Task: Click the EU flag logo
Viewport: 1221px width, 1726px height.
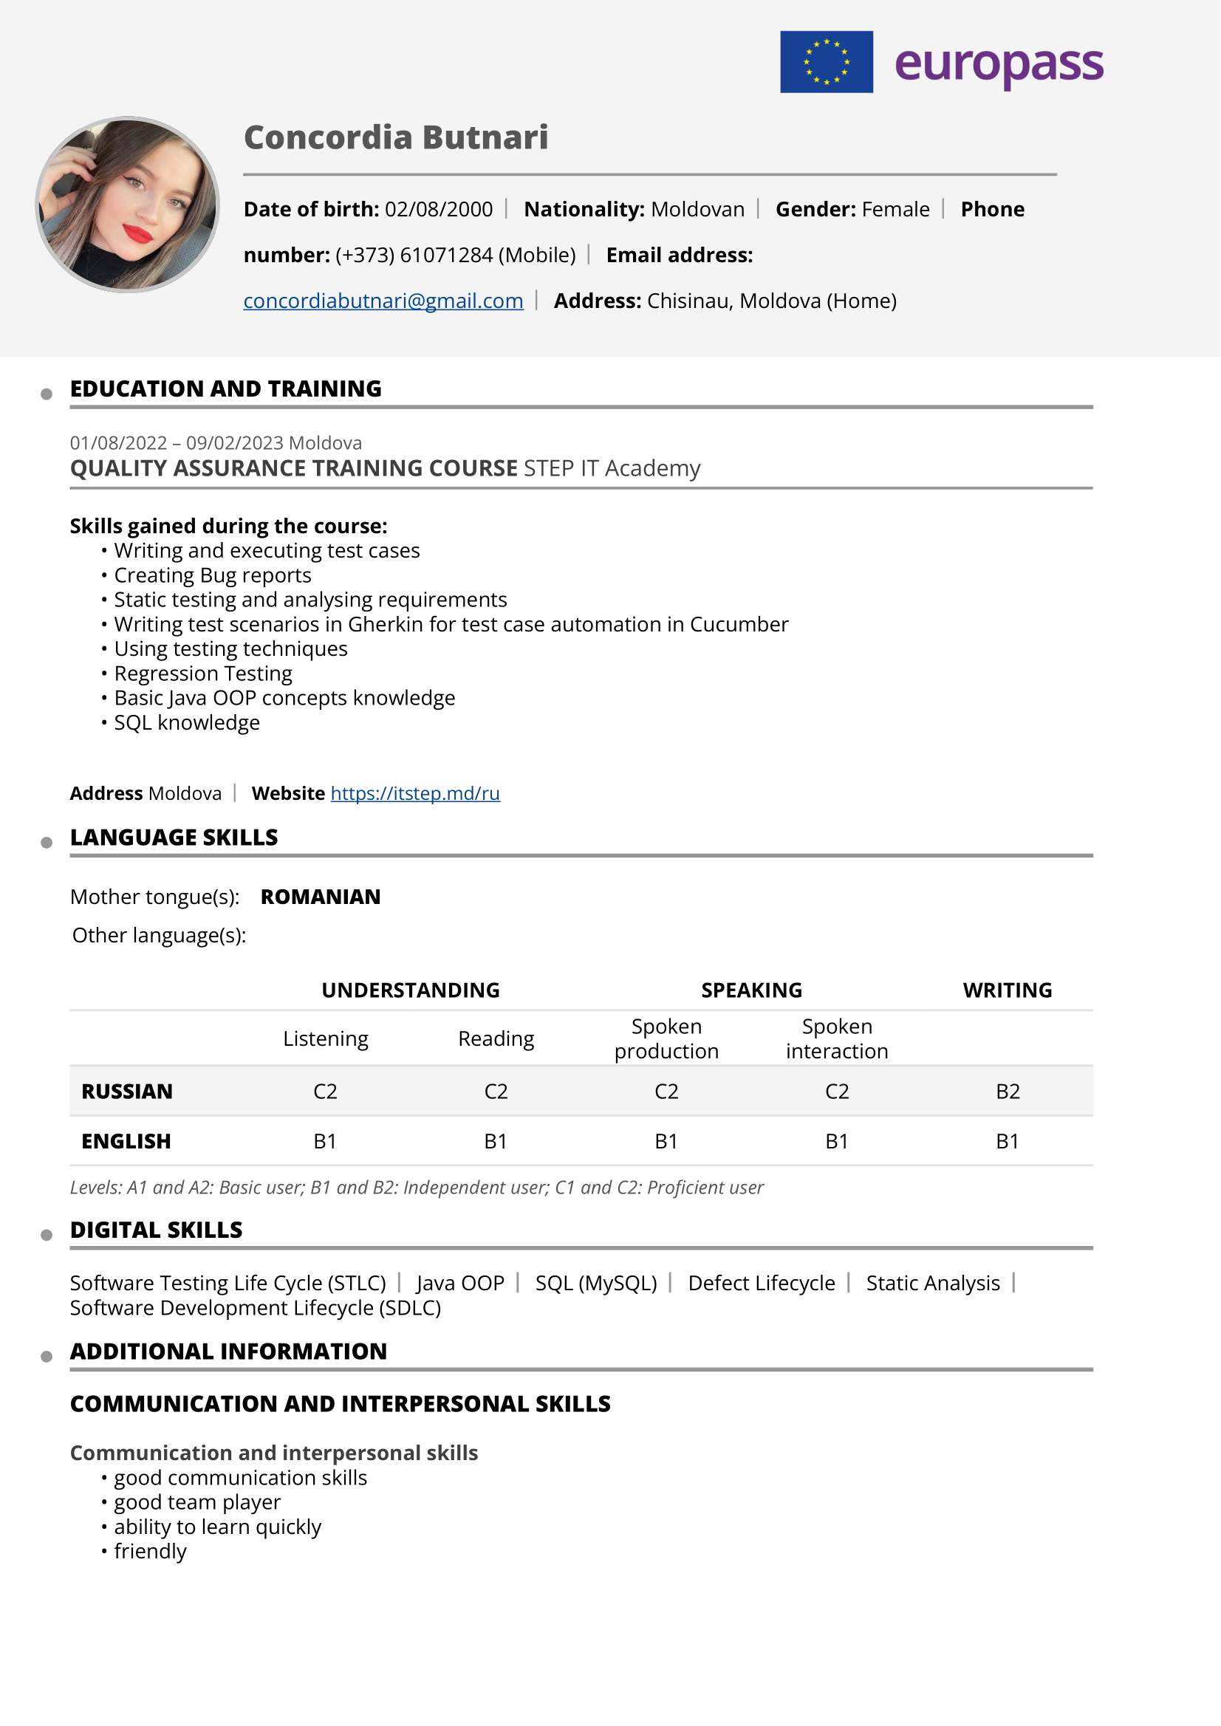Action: pyautogui.click(x=826, y=61)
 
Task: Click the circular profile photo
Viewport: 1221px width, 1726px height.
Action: pyautogui.click(x=128, y=205)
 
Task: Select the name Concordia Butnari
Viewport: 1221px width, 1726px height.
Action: pyautogui.click(x=395, y=137)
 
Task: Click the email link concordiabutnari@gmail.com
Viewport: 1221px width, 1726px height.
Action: pyautogui.click(x=383, y=301)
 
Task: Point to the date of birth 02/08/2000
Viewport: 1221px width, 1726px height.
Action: pyautogui.click(x=438, y=209)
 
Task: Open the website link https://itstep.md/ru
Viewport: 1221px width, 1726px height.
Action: pyautogui.click(x=415, y=793)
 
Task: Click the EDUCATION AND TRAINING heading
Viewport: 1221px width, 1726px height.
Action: pyautogui.click(x=225, y=388)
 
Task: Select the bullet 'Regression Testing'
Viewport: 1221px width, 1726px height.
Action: pyautogui.click(x=203, y=674)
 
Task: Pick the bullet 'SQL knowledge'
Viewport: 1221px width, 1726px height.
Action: pyautogui.click(x=186, y=722)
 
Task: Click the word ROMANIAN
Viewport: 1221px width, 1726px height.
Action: pyautogui.click(x=321, y=897)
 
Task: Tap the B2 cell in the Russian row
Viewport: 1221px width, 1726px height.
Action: pyautogui.click(x=1008, y=1092)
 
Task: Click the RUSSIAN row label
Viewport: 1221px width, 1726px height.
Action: pyautogui.click(x=127, y=1092)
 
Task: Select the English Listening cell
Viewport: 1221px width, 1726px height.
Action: pyautogui.click(x=325, y=1141)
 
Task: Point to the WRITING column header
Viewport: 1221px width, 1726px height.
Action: pyautogui.click(x=1008, y=990)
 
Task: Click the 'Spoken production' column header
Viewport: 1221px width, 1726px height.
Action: pyautogui.click(x=666, y=1038)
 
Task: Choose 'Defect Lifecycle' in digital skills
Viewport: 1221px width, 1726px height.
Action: pyautogui.click(x=761, y=1283)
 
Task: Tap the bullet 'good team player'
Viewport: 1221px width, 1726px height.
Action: pyautogui.click(x=197, y=1502)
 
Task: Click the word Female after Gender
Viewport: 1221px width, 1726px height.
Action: pyautogui.click(x=895, y=209)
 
